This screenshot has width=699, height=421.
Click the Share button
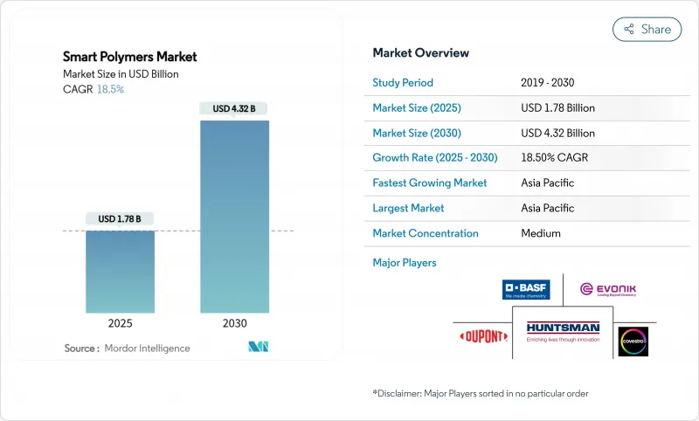647,29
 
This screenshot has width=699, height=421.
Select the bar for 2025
120,271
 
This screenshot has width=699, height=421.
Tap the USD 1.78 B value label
120,218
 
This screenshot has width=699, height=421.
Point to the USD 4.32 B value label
234,109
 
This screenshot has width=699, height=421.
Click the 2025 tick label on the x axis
120,323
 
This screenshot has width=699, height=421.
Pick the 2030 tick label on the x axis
234,323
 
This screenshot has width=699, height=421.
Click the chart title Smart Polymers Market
130,57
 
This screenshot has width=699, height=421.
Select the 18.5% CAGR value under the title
109,89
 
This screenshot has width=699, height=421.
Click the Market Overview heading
420,53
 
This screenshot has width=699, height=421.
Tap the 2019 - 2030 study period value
549,83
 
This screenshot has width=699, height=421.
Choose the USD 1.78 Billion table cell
557,108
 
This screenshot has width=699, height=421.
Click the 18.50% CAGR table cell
557,158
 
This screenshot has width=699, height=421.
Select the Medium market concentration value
540,233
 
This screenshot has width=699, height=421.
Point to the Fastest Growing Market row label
430,183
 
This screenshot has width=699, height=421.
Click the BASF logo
526,290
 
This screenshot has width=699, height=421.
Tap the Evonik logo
609,289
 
